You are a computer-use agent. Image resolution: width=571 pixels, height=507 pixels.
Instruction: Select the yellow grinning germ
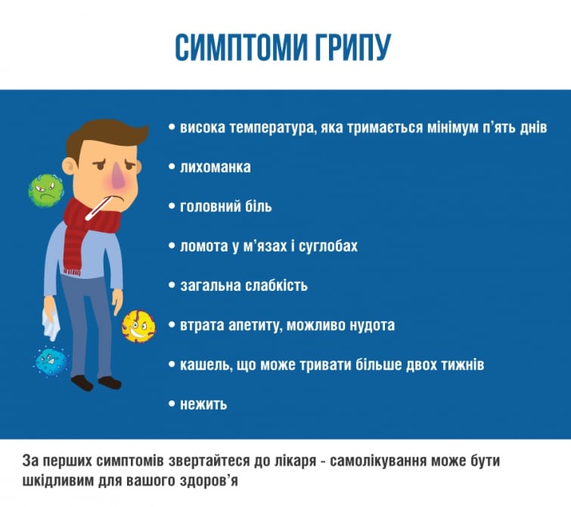pyautogui.click(x=138, y=325)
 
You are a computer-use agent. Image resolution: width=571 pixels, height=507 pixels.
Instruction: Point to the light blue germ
pyautogui.click(x=51, y=360)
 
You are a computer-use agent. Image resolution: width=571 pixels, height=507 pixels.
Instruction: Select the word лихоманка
pyautogui.click(x=215, y=167)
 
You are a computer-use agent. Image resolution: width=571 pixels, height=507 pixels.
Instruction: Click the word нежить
pyautogui.click(x=203, y=404)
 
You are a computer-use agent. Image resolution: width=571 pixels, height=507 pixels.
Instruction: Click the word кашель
pyautogui.click(x=203, y=365)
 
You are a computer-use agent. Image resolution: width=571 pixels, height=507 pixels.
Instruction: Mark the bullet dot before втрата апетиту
pyautogui.click(x=172, y=325)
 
